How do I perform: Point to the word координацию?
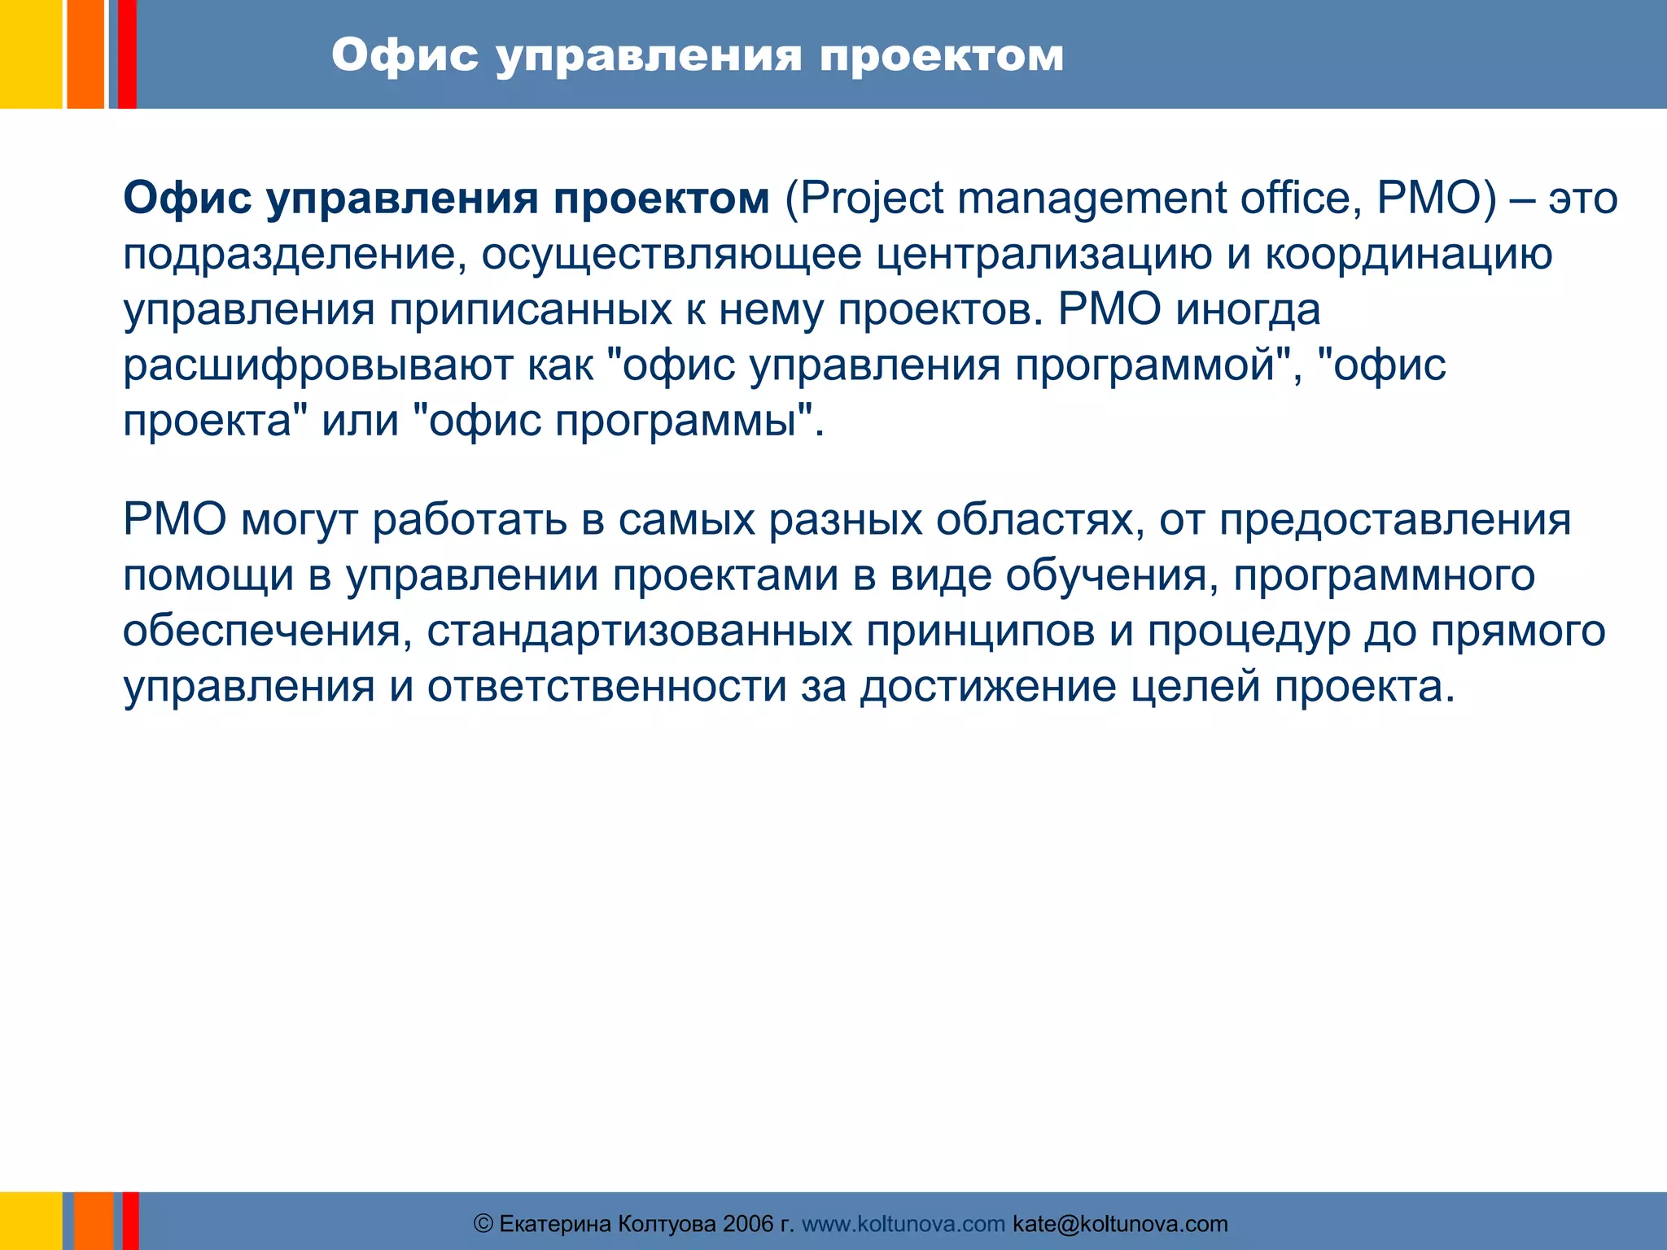[x=1408, y=254]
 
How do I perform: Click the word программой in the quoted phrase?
[x=1144, y=365]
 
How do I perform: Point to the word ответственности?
[x=606, y=687]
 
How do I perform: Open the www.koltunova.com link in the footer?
[x=904, y=1224]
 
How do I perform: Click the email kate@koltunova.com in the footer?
[x=1120, y=1224]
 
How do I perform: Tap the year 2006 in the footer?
[x=748, y=1224]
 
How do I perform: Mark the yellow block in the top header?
[x=30, y=54]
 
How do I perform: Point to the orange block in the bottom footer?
[x=93, y=1221]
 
